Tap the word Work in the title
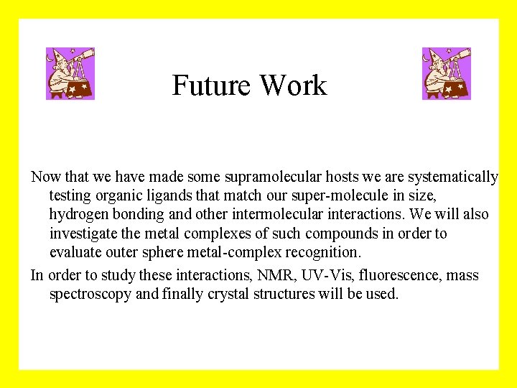[293, 86]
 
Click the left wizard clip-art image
[70, 73]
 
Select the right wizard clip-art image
[447, 73]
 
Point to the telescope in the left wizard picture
[83, 55]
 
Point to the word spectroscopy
[90, 294]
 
